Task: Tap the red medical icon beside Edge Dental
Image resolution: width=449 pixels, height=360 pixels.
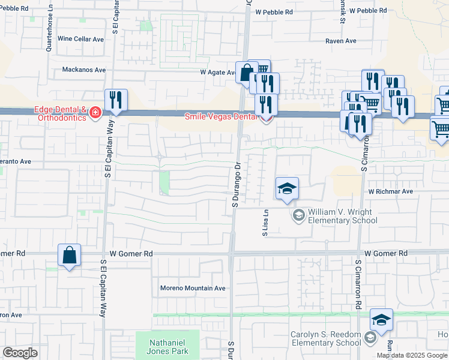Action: pyautogui.click(x=95, y=114)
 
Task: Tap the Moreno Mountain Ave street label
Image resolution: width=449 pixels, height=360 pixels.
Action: pyautogui.click(x=193, y=288)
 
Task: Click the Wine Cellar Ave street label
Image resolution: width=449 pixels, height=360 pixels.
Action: pyautogui.click(x=81, y=39)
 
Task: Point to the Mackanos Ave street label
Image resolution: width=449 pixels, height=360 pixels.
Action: pyautogui.click(x=84, y=70)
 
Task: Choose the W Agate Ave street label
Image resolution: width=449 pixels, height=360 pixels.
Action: pyautogui.click(x=218, y=73)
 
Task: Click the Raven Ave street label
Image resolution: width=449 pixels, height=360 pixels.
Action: pyautogui.click(x=341, y=41)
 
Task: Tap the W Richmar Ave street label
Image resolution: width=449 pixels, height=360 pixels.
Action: pyautogui.click(x=391, y=191)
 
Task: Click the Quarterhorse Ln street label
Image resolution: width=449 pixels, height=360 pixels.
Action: pyautogui.click(x=49, y=34)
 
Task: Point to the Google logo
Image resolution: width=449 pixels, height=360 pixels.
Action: pyautogui.click(x=20, y=353)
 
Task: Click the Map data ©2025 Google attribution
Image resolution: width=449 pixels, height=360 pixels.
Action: pyautogui.click(x=412, y=355)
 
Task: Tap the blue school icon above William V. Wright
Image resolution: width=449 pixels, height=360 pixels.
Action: pyautogui.click(x=287, y=190)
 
